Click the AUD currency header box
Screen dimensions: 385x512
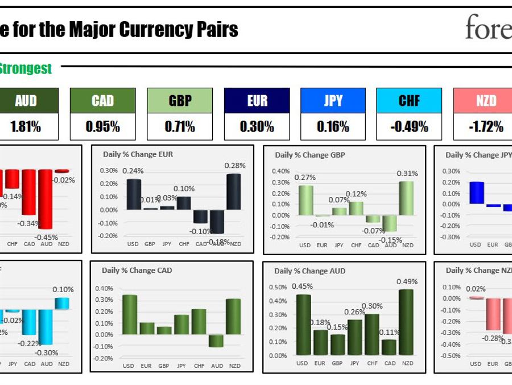[26, 101]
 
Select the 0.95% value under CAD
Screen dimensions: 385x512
[102, 126]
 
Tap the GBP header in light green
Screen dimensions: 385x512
[180, 101]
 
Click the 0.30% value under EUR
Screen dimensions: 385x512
[257, 126]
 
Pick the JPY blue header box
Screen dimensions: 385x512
[333, 101]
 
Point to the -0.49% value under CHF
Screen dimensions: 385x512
[409, 126]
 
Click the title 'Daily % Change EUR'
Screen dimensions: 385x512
[138, 154]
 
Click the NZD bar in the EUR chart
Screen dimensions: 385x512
[234, 192]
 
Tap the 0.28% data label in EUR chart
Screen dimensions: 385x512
[234, 166]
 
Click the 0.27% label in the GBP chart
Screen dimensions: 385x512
[305, 178]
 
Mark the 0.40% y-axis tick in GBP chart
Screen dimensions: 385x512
[280, 171]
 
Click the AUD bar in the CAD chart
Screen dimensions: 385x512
[216, 341]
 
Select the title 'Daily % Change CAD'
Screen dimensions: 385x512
[137, 271]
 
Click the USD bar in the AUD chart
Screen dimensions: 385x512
[303, 325]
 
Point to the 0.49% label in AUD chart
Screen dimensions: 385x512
[407, 281]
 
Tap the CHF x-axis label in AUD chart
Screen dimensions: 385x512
[373, 363]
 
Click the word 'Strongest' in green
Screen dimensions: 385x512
[26, 69]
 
